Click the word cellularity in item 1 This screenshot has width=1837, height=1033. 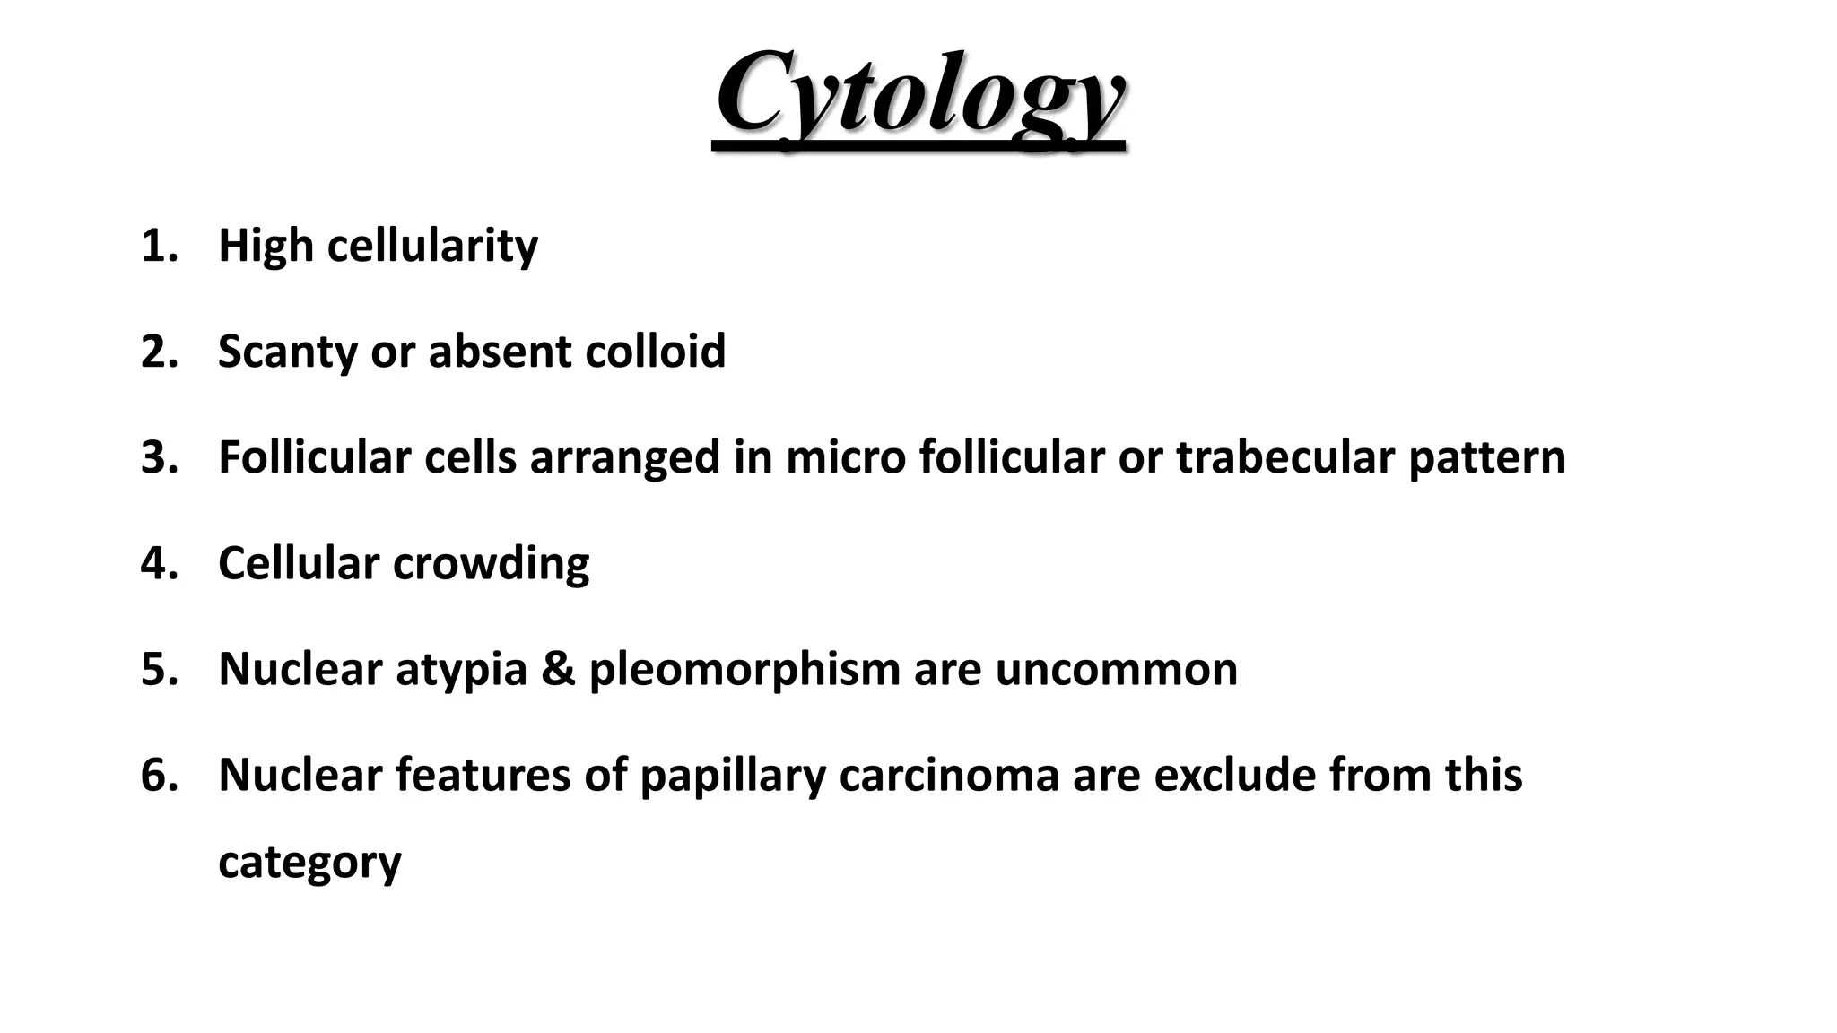tap(432, 246)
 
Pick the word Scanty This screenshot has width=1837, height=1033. tap(287, 352)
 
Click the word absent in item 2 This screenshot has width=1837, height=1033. tap(500, 352)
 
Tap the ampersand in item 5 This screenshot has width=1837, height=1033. tap(558, 669)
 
